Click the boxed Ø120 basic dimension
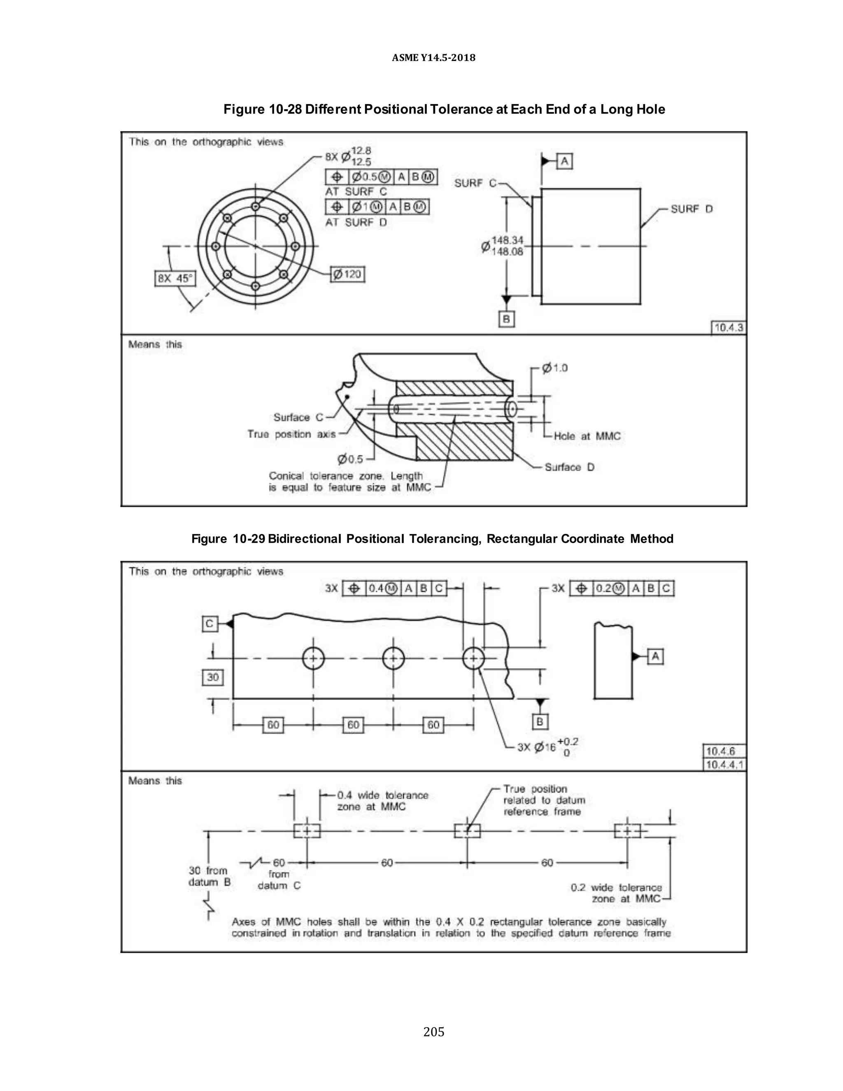click(x=347, y=274)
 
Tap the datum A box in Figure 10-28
click(x=564, y=161)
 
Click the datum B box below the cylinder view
click(x=506, y=319)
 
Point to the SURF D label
click(x=691, y=209)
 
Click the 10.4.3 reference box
click(x=728, y=328)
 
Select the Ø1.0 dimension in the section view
click(x=555, y=368)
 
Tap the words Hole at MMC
click(x=587, y=436)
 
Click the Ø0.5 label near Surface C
click(x=350, y=459)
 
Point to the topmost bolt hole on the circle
click(x=256, y=206)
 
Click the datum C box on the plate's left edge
click(x=210, y=623)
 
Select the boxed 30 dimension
click(x=213, y=677)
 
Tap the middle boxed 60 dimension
click(x=353, y=725)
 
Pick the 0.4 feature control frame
click(x=394, y=588)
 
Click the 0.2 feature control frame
click(x=622, y=588)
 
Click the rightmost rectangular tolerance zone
click(x=627, y=831)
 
